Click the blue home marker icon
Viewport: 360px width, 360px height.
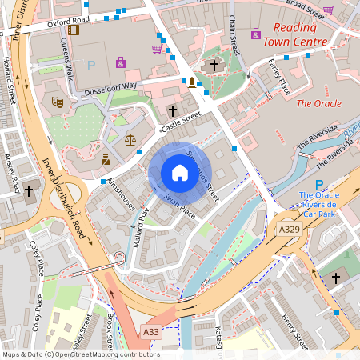[x=179, y=172]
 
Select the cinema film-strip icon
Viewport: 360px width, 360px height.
[x=74, y=30]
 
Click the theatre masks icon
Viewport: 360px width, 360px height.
[x=57, y=102]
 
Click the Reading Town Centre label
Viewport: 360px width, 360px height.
[x=298, y=34]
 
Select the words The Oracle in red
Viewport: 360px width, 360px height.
[x=318, y=103]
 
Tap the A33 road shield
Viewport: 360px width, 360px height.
[x=151, y=331]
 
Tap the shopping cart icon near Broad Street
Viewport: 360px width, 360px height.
[x=328, y=10]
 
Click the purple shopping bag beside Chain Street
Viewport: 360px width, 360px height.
[x=255, y=34]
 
